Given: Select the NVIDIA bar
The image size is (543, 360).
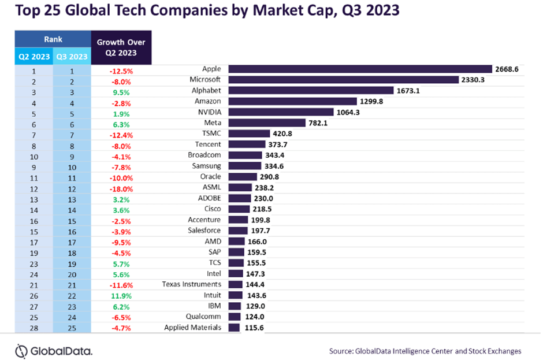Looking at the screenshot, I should (281, 112).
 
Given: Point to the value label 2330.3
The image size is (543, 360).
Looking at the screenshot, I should (471, 80).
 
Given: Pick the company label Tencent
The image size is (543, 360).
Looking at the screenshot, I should (208, 144).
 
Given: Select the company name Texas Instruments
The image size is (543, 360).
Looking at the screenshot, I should (191, 284).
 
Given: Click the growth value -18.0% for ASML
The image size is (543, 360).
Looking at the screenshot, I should (121, 188).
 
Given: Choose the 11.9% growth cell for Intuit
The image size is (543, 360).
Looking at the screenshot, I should (121, 295).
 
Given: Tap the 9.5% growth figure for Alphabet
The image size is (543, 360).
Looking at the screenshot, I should (122, 91).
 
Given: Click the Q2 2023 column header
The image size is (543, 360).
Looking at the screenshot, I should (34, 57).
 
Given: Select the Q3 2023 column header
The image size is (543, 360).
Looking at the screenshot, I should (72, 57).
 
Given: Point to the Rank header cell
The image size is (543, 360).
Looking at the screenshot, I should (53, 39).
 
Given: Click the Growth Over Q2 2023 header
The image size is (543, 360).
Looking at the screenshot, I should (121, 47).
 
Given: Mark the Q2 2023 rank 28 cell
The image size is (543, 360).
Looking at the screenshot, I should (34, 328).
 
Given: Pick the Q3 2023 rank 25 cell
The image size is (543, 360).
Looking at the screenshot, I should (72, 328).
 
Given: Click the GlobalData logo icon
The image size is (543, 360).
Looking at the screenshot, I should (22, 350).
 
